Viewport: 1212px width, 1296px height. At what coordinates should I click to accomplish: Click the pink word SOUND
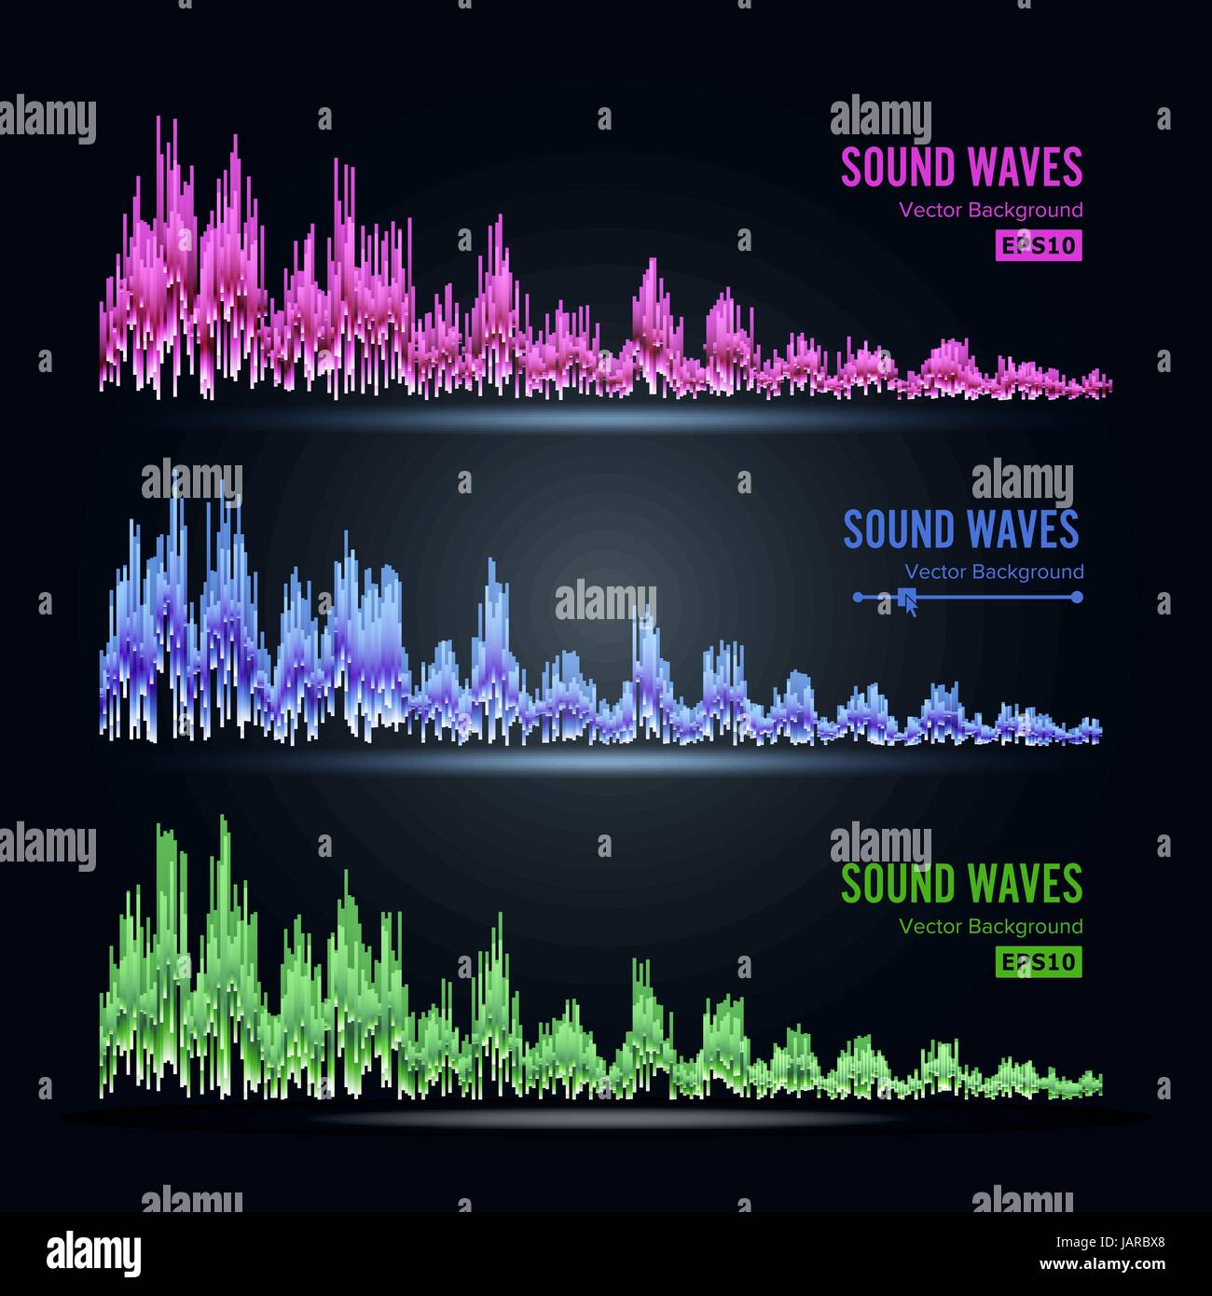click(899, 168)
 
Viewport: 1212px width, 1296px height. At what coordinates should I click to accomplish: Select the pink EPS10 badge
click(1038, 245)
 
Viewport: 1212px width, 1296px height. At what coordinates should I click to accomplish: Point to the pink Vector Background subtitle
click(991, 210)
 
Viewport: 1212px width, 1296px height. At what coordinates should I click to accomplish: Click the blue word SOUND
click(899, 530)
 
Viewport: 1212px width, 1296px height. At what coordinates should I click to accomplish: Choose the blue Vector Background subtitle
click(994, 572)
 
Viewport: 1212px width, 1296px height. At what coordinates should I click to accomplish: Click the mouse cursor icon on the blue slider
click(909, 601)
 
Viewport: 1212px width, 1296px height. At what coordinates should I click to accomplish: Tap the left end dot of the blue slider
click(859, 597)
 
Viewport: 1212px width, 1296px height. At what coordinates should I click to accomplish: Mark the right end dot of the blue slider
click(1077, 597)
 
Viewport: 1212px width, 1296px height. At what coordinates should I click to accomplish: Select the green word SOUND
click(899, 884)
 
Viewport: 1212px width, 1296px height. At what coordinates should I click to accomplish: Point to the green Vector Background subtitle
click(991, 926)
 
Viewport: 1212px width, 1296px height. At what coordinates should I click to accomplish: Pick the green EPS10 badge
click(1038, 961)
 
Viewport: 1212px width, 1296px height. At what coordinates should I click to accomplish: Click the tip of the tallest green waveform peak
click(223, 817)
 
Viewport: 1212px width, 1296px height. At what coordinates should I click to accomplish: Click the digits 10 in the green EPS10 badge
click(1062, 961)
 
